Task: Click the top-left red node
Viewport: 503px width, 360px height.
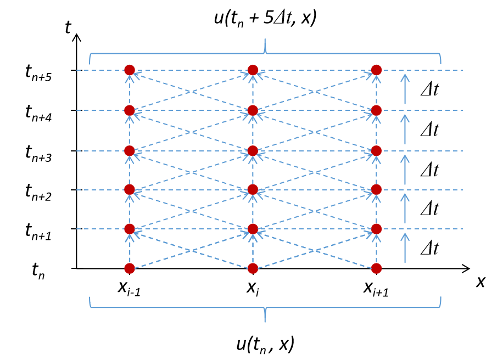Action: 130,70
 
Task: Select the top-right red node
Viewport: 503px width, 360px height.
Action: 376,70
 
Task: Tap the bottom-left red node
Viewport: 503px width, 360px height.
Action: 130,268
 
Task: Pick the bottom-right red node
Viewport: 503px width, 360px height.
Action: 376,268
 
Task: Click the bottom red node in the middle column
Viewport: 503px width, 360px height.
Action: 253,268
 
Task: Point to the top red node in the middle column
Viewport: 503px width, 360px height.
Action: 253,70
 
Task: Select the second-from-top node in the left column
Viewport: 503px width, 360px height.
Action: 130,110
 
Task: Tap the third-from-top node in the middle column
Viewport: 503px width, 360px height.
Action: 253,150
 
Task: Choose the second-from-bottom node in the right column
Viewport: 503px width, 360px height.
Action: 376,229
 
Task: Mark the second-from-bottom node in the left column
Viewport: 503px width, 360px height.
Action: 130,229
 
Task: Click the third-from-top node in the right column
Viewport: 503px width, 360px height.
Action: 376,150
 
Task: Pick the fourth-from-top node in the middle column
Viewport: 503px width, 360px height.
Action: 253,189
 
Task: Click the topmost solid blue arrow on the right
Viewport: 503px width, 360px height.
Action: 405,89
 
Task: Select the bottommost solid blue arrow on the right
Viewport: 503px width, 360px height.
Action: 405,248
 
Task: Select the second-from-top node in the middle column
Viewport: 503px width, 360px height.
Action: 253,110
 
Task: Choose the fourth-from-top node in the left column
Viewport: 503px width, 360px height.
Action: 130,189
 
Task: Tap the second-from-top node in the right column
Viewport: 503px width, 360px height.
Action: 376,110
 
